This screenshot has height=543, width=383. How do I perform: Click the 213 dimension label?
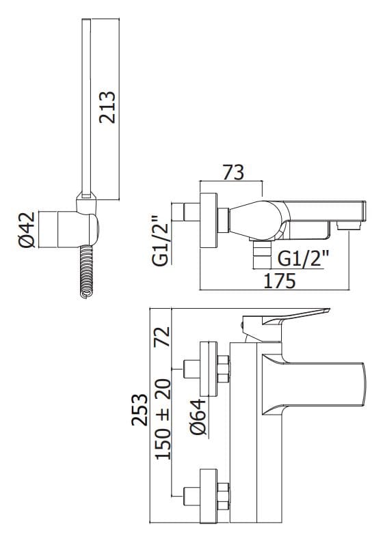(x=107, y=107)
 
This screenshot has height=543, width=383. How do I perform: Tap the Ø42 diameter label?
(x=27, y=229)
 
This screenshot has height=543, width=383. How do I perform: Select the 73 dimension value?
(x=233, y=172)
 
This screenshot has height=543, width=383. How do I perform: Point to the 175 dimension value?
(x=280, y=281)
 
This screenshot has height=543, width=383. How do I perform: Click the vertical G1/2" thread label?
(x=160, y=240)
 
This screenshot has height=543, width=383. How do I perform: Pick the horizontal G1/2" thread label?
(x=304, y=258)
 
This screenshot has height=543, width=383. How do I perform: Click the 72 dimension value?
(x=162, y=336)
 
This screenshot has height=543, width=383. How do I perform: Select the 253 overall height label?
(x=140, y=410)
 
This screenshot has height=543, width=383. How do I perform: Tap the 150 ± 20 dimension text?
(x=163, y=419)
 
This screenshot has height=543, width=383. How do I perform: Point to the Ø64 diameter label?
(x=198, y=417)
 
